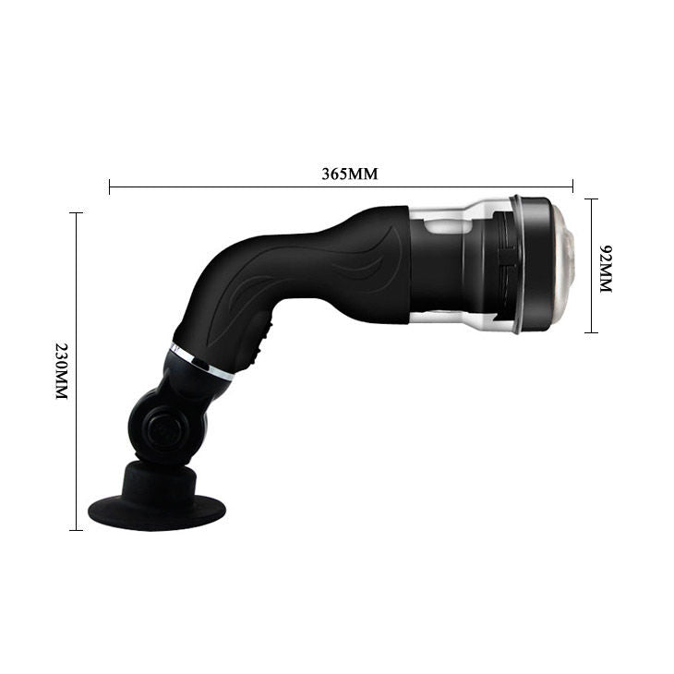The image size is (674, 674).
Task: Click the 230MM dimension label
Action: tap(61, 370)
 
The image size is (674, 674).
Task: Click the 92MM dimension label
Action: tap(607, 269)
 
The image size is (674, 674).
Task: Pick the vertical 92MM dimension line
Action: tap(591, 231)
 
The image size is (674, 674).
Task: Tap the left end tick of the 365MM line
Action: tap(110, 187)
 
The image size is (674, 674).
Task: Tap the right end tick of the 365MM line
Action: tap(573, 187)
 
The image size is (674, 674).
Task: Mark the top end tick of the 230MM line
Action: tap(76, 213)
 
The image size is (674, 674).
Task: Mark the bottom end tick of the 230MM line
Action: tap(76, 530)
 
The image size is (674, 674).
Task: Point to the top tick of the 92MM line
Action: tap(591, 198)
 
